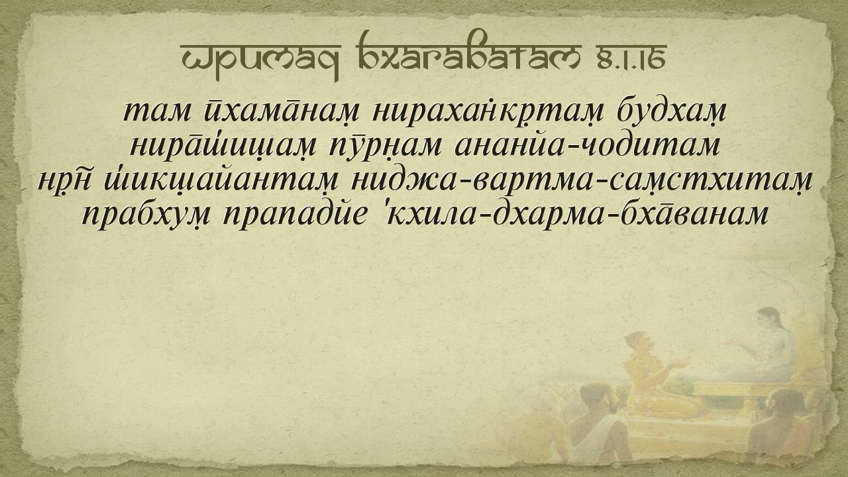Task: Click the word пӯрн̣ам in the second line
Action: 385,146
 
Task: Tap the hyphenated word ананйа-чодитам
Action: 587,145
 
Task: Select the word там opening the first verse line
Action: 157,112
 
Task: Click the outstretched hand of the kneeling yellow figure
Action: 678,365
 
